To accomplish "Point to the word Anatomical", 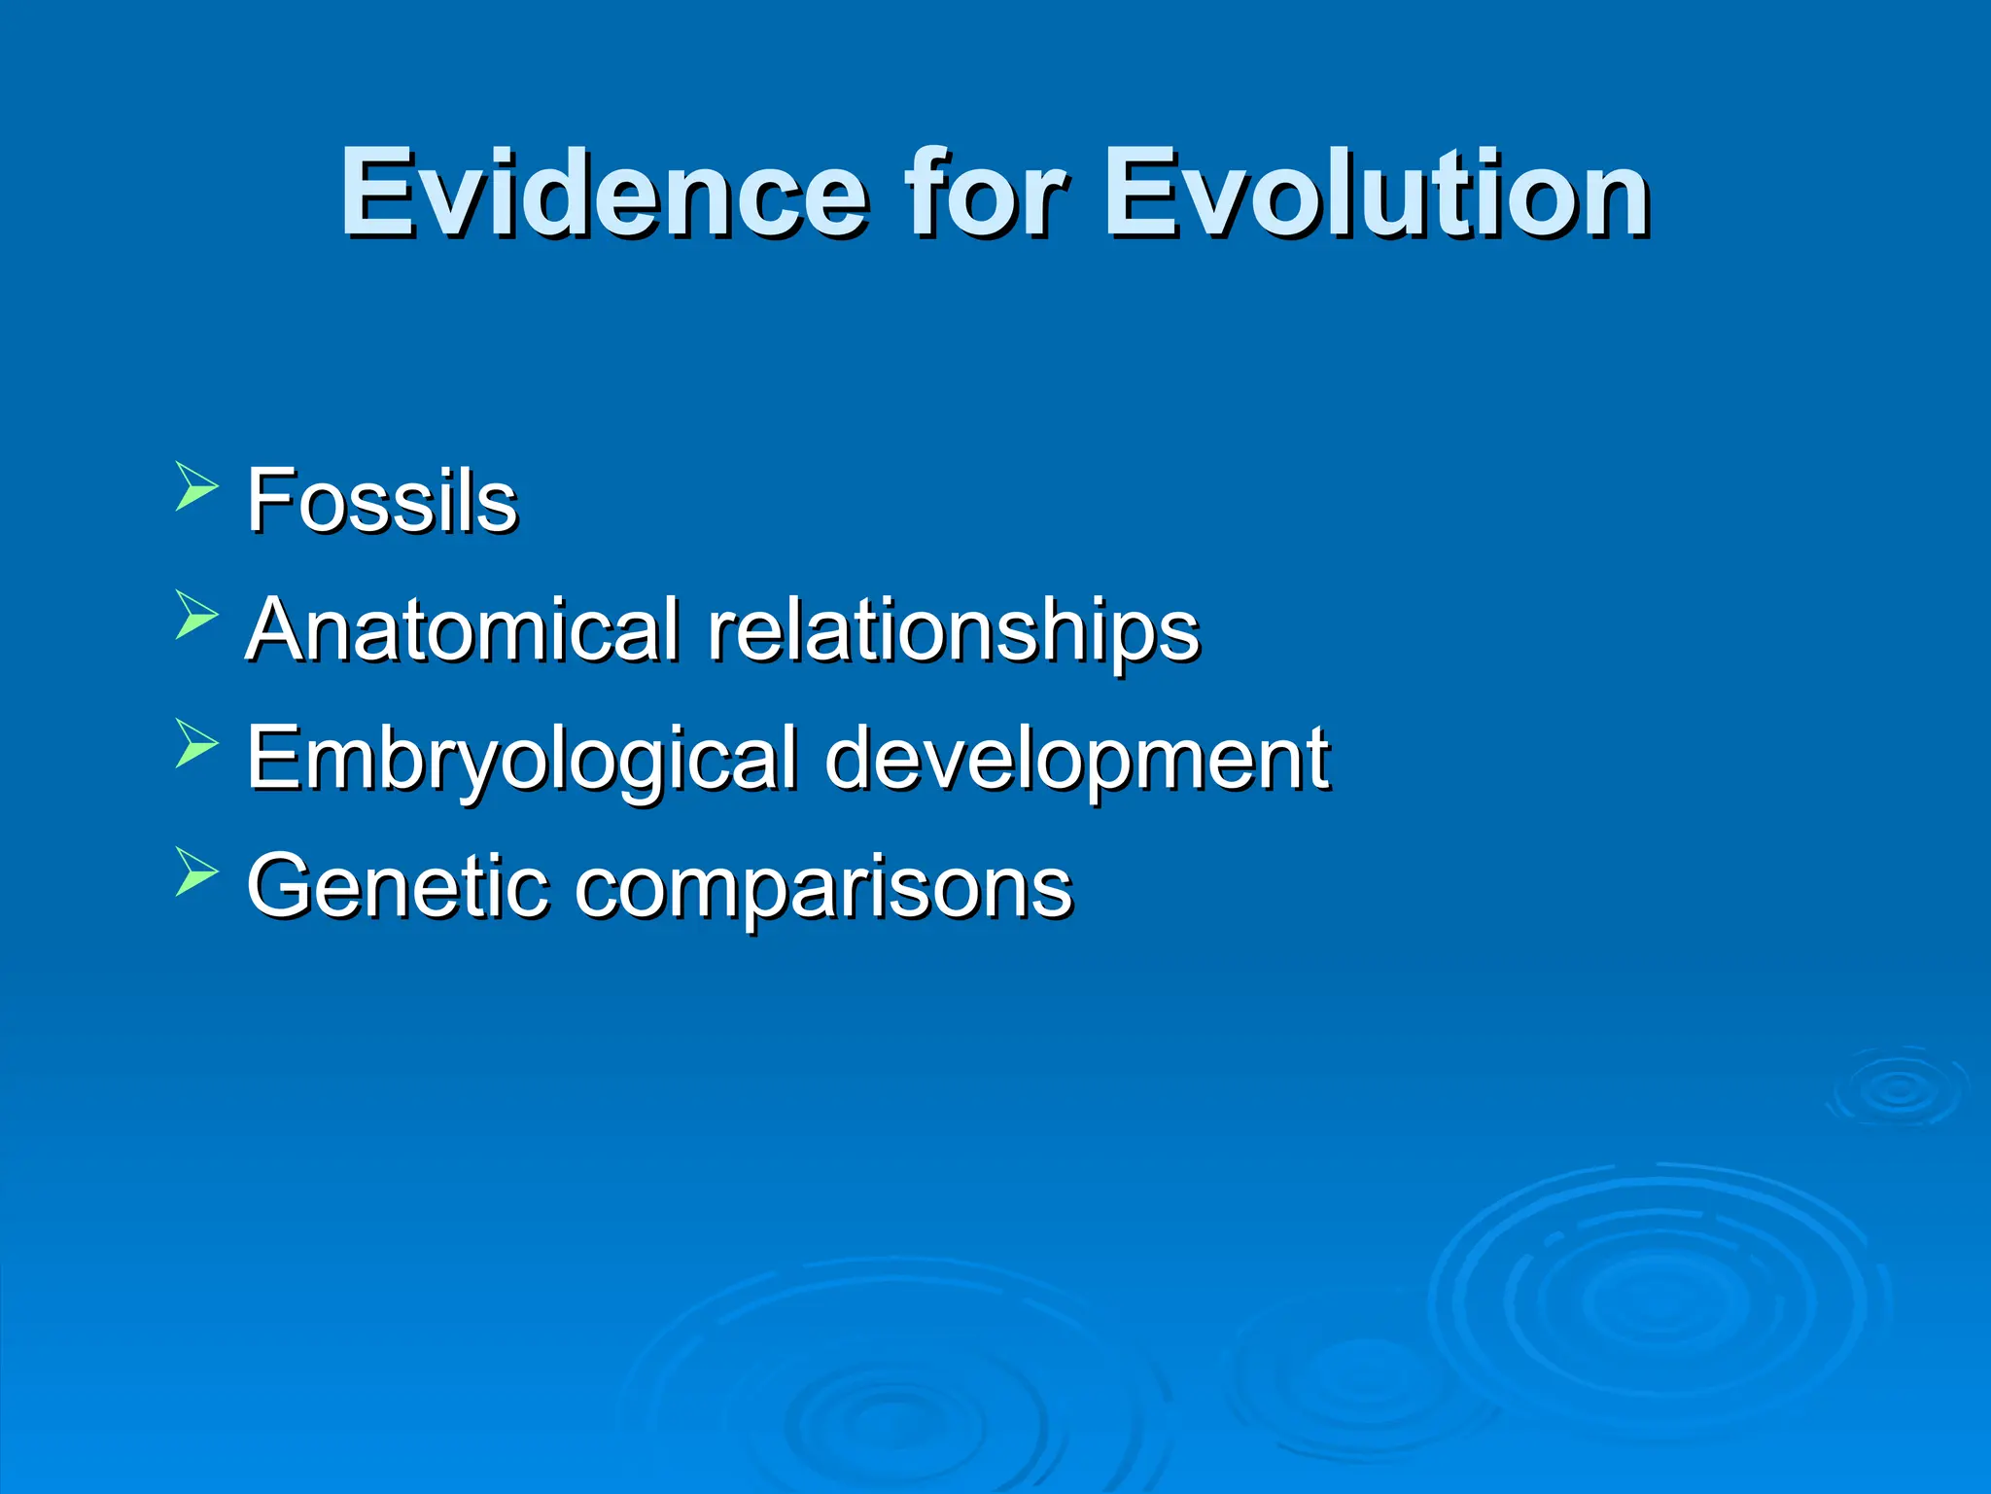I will (462, 629).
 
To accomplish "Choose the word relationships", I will (954, 632).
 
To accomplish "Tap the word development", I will (1076, 761).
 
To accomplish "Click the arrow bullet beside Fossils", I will (196, 487).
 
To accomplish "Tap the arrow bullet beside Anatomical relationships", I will (196, 616).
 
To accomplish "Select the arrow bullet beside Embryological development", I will (196, 744).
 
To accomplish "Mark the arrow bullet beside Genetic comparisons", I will (196, 872).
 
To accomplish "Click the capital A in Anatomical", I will (282, 629).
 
